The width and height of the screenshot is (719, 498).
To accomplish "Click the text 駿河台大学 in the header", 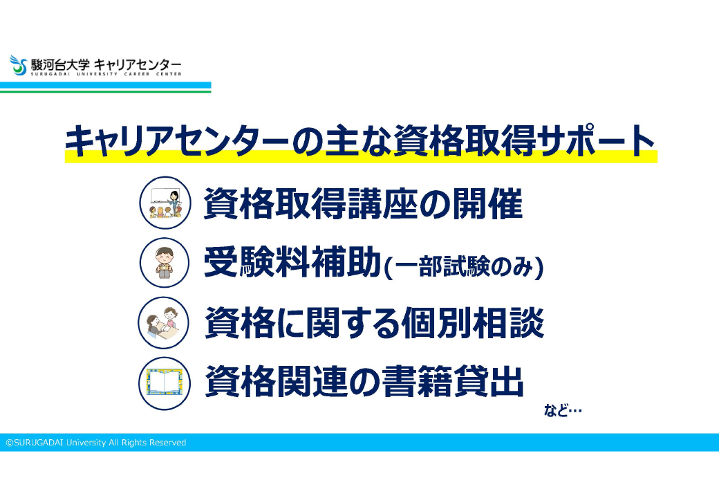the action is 60,64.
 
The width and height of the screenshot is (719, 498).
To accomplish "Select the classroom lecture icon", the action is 165,203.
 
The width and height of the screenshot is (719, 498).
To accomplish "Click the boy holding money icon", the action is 164,263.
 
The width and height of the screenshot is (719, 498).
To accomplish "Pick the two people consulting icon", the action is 164,323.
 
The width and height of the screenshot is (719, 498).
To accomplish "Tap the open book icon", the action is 164,383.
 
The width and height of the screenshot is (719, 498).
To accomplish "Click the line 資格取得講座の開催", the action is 363,203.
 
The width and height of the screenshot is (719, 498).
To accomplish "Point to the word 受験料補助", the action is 292,262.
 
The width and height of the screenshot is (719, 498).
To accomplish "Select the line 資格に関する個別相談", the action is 374,323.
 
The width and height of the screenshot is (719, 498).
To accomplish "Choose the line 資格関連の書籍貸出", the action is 364,382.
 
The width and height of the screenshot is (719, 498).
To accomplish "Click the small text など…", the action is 563,410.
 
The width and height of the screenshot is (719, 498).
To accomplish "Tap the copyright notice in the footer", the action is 96,443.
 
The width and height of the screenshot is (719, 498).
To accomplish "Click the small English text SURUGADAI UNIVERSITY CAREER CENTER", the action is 106,74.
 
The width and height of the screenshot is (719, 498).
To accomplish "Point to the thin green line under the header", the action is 106,92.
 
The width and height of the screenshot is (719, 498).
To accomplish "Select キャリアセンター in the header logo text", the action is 138,64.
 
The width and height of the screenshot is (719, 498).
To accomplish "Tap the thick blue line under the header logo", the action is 106,85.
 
